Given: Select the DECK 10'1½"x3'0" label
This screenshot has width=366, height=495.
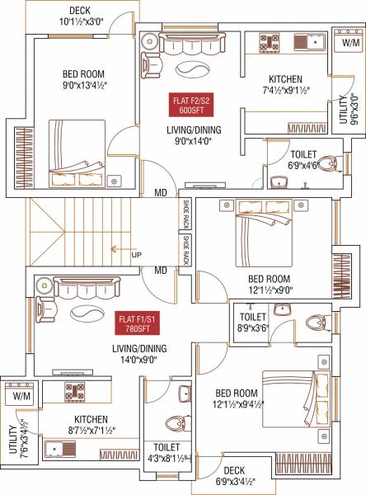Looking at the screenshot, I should pyautogui.click(x=80, y=16).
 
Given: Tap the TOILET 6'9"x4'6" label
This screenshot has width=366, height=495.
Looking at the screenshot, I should pyautogui.click(x=303, y=159).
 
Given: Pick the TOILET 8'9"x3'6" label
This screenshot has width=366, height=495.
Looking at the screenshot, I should pyautogui.click(x=252, y=323).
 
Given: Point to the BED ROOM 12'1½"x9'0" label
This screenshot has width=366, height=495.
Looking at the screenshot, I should pyautogui.click(x=270, y=285).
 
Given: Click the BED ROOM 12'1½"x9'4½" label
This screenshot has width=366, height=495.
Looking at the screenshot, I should pyautogui.click(x=236, y=398).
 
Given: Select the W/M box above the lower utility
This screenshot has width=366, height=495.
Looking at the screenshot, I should pyautogui.click(x=18, y=394).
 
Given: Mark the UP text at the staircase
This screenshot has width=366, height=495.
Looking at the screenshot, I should pyautogui.click(x=136, y=255).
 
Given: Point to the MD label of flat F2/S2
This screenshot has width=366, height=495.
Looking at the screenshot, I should pyautogui.click(x=161, y=194).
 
